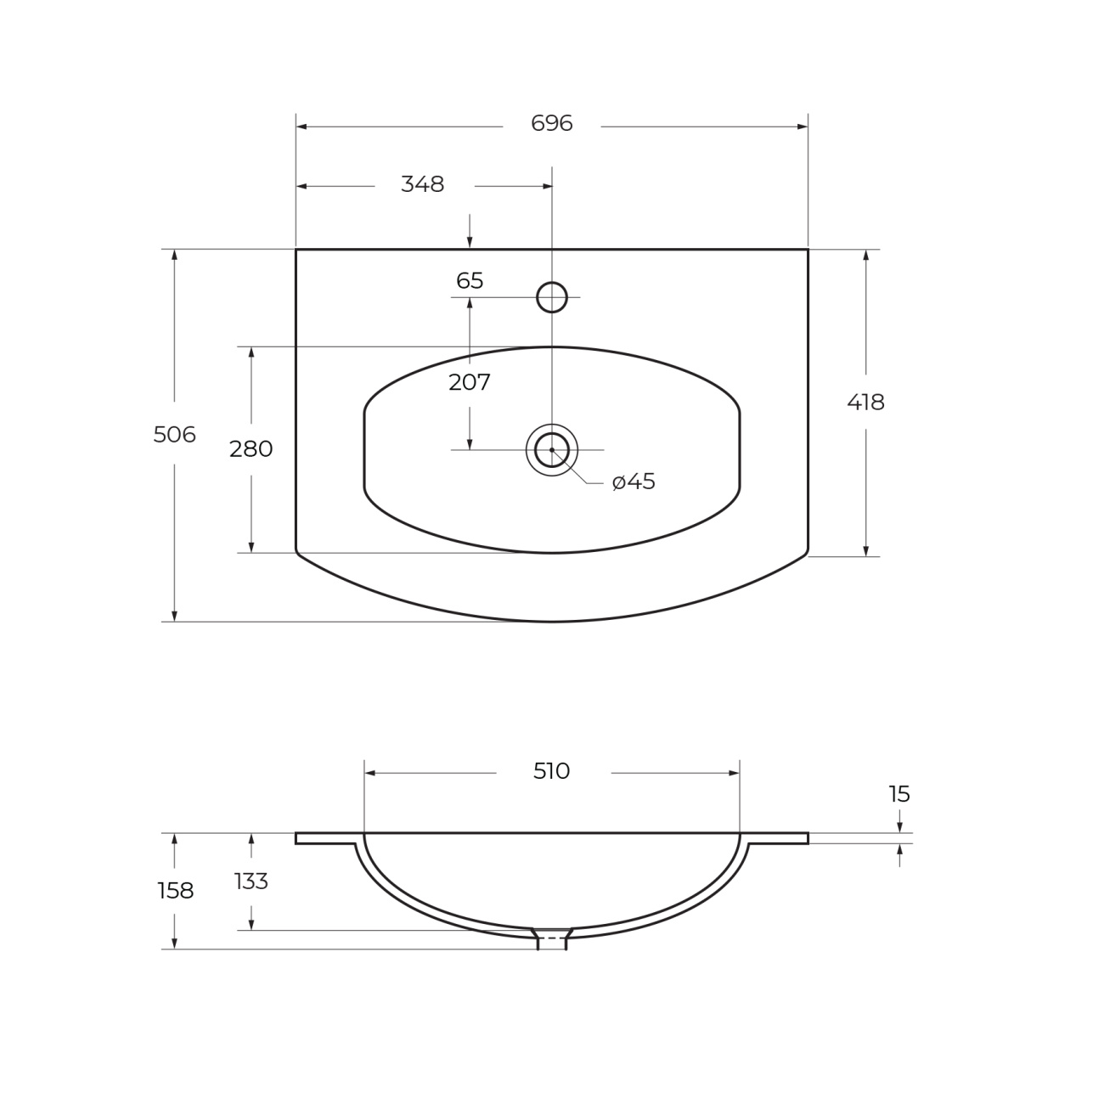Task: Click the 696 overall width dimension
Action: click(551, 123)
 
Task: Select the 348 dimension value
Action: click(422, 184)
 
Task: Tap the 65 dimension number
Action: click(470, 281)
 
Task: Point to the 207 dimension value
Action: click(470, 382)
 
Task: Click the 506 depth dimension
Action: click(175, 435)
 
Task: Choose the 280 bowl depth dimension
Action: click(251, 448)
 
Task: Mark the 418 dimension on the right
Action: click(865, 403)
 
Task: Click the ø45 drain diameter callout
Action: click(633, 482)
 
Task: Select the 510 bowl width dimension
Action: click(551, 771)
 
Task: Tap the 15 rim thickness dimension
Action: click(898, 794)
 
